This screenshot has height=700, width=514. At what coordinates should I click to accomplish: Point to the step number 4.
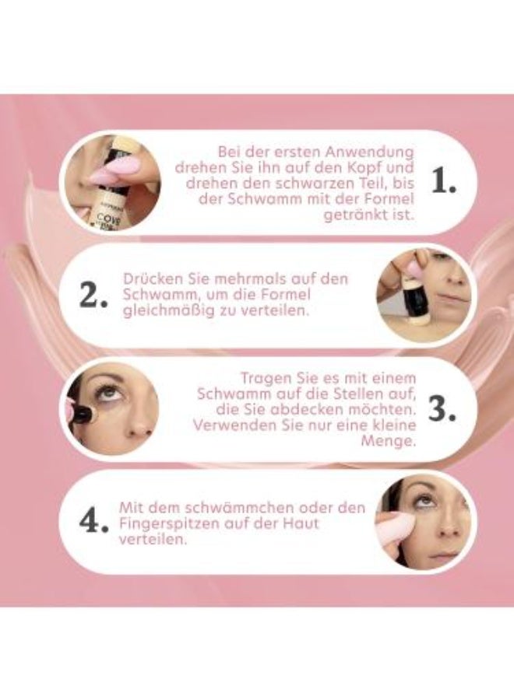tap(93, 523)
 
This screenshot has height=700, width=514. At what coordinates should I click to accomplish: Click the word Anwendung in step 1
tap(372, 151)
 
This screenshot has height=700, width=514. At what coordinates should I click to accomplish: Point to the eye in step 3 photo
tap(108, 391)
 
